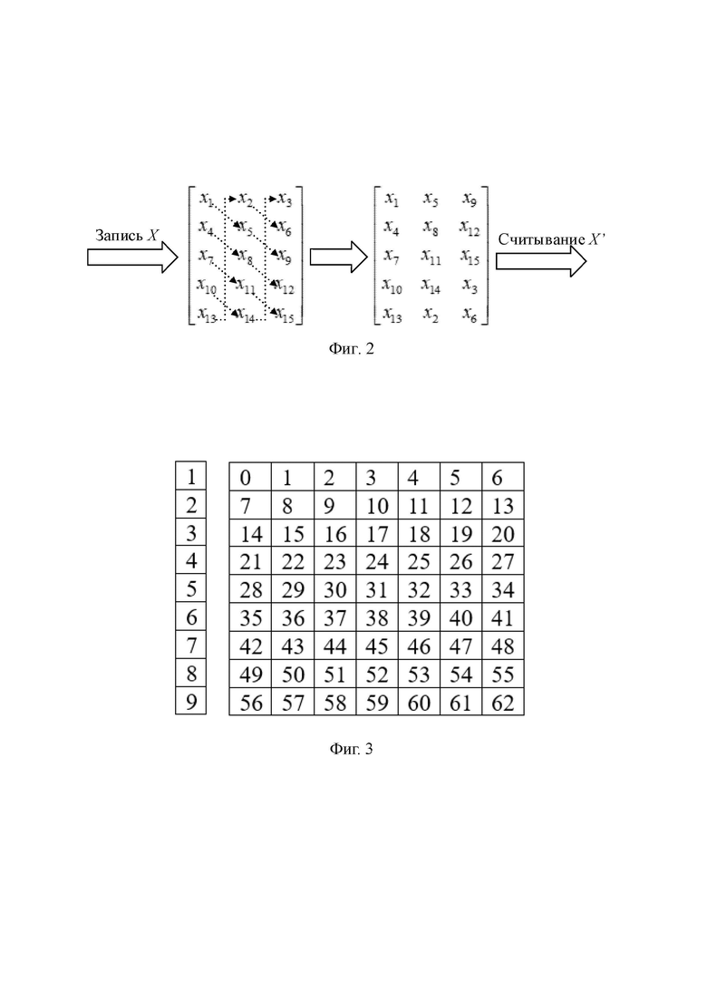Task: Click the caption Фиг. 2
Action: tap(352, 348)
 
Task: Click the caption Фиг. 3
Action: tap(352, 748)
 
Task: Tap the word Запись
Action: tap(120, 236)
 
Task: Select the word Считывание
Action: tap(542, 239)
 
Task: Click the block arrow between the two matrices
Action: tap(338, 257)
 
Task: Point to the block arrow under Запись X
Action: tap(132, 257)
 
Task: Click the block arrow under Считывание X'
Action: tap(541, 261)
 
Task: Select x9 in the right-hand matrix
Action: tap(470, 199)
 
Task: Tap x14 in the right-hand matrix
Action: tap(431, 286)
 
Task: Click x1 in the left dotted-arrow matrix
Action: tap(207, 199)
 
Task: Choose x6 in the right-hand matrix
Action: tap(470, 315)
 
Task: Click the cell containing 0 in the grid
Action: tap(250, 477)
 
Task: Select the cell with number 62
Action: tap(503, 701)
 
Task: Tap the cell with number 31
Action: tap(377, 588)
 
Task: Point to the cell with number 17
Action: tap(377, 532)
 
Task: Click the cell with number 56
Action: tap(250, 701)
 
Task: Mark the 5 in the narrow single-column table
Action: tap(190, 588)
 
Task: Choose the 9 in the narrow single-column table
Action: tap(190, 701)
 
